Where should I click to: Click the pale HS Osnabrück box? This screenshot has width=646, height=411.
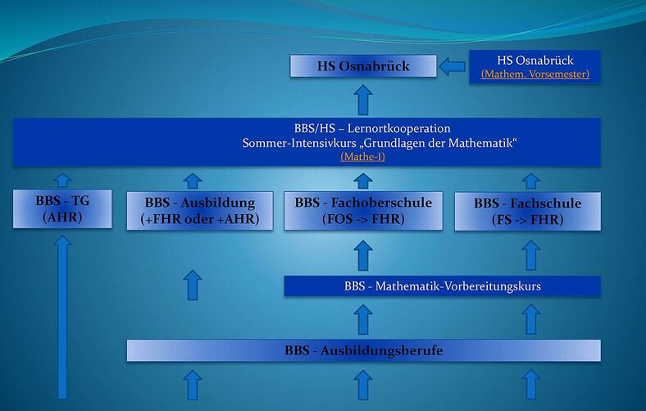pyautogui.click(x=363, y=66)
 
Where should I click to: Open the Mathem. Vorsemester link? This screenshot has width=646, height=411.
pyautogui.click(x=535, y=74)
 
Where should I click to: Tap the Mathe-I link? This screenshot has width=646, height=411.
pyautogui.click(x=363, y=157)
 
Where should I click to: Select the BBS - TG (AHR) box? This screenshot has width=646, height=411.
pyautogui.click(x=62, y=208)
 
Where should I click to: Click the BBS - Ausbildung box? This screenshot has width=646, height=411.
pyautogui.click(x=200, y=211)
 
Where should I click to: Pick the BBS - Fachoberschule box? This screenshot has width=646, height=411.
pyautogui.click(x=363, y=211)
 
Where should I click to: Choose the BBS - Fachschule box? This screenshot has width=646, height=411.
pyautogui.click(x=527, y=211)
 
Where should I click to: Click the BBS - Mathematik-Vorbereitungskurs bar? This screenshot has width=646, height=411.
pyautogui.click(x=442, y=286)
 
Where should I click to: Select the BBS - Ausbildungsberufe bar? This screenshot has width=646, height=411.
pyautogui.click(x=363, y=350)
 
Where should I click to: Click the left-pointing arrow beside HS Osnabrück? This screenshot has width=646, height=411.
pyautogui.click(x=452, y=66)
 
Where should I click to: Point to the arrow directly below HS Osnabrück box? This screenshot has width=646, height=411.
pyautogui.click(x=363, y=100)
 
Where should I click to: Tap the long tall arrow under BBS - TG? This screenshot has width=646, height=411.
pyautogui.click(x=62, y=317)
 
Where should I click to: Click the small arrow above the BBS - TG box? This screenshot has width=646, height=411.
pyautogui.click(x=62, y=180)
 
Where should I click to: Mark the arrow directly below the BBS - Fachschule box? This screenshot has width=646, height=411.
pyautogui.click(x=531, y=256)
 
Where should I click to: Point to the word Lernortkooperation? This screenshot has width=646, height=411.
pyautogui.click(x=398, y=128)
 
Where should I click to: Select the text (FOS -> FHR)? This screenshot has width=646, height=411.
pyautogui.click(x=363, y=219)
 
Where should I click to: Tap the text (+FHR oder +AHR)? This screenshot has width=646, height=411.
pyautogui.click(x=200, y=219)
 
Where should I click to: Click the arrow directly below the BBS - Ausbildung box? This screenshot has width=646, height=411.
pyautogui.click(x=193, y=285)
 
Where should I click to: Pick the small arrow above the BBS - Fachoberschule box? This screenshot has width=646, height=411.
pyautogui.click(x=363, y=181)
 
